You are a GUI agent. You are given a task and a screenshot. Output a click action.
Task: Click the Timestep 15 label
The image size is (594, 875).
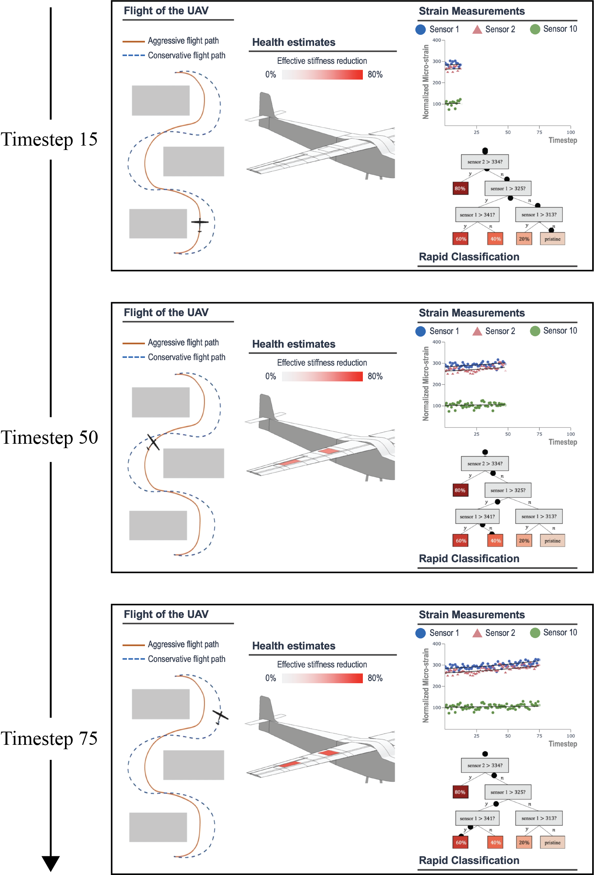[x=49, y=139]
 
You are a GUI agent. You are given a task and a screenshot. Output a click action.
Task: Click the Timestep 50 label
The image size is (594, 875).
[x=49, y=437]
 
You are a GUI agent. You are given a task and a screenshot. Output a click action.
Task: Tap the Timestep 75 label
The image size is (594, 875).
[x=49, y=738]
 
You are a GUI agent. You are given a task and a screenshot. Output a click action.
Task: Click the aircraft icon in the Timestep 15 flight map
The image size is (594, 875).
[x=200, y=223]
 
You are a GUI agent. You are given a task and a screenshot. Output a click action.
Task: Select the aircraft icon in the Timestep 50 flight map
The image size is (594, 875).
[x=153, y=442]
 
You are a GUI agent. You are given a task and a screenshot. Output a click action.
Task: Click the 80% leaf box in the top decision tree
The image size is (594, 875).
[x=460, y=188]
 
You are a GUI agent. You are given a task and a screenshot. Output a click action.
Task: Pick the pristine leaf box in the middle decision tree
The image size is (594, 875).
[x=552, y=541]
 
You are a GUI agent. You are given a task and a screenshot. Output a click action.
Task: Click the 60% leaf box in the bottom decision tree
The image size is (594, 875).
[x=461, y=842]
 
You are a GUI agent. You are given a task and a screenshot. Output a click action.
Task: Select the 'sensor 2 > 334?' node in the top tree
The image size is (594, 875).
[x=485, y=161]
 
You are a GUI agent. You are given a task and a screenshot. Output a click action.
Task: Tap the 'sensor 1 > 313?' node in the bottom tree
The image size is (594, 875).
[x=539, y=818]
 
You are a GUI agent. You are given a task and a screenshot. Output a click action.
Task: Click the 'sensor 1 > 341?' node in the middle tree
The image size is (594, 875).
[x=477, y=516]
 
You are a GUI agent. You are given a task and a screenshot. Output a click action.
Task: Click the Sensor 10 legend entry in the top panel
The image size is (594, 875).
[x=553, y=29]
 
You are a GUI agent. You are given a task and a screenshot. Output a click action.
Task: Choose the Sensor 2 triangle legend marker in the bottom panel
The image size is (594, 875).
[x=477, y=633]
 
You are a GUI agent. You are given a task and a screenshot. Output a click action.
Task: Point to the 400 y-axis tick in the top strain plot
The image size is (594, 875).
[x=437, y=40]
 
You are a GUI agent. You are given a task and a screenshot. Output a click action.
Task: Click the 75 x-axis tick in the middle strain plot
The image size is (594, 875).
[x=539, y=434]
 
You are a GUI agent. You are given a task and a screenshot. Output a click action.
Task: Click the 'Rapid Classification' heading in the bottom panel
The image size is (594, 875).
[x=469, y=860]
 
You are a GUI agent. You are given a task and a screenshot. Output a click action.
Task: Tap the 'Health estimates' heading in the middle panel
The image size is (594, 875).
[x=294, y=344]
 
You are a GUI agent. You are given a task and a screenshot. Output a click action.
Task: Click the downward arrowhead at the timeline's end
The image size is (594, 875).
[x=51, y=863]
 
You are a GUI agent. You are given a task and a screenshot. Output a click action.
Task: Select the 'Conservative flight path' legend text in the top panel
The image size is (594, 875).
[x=186, y=55]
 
